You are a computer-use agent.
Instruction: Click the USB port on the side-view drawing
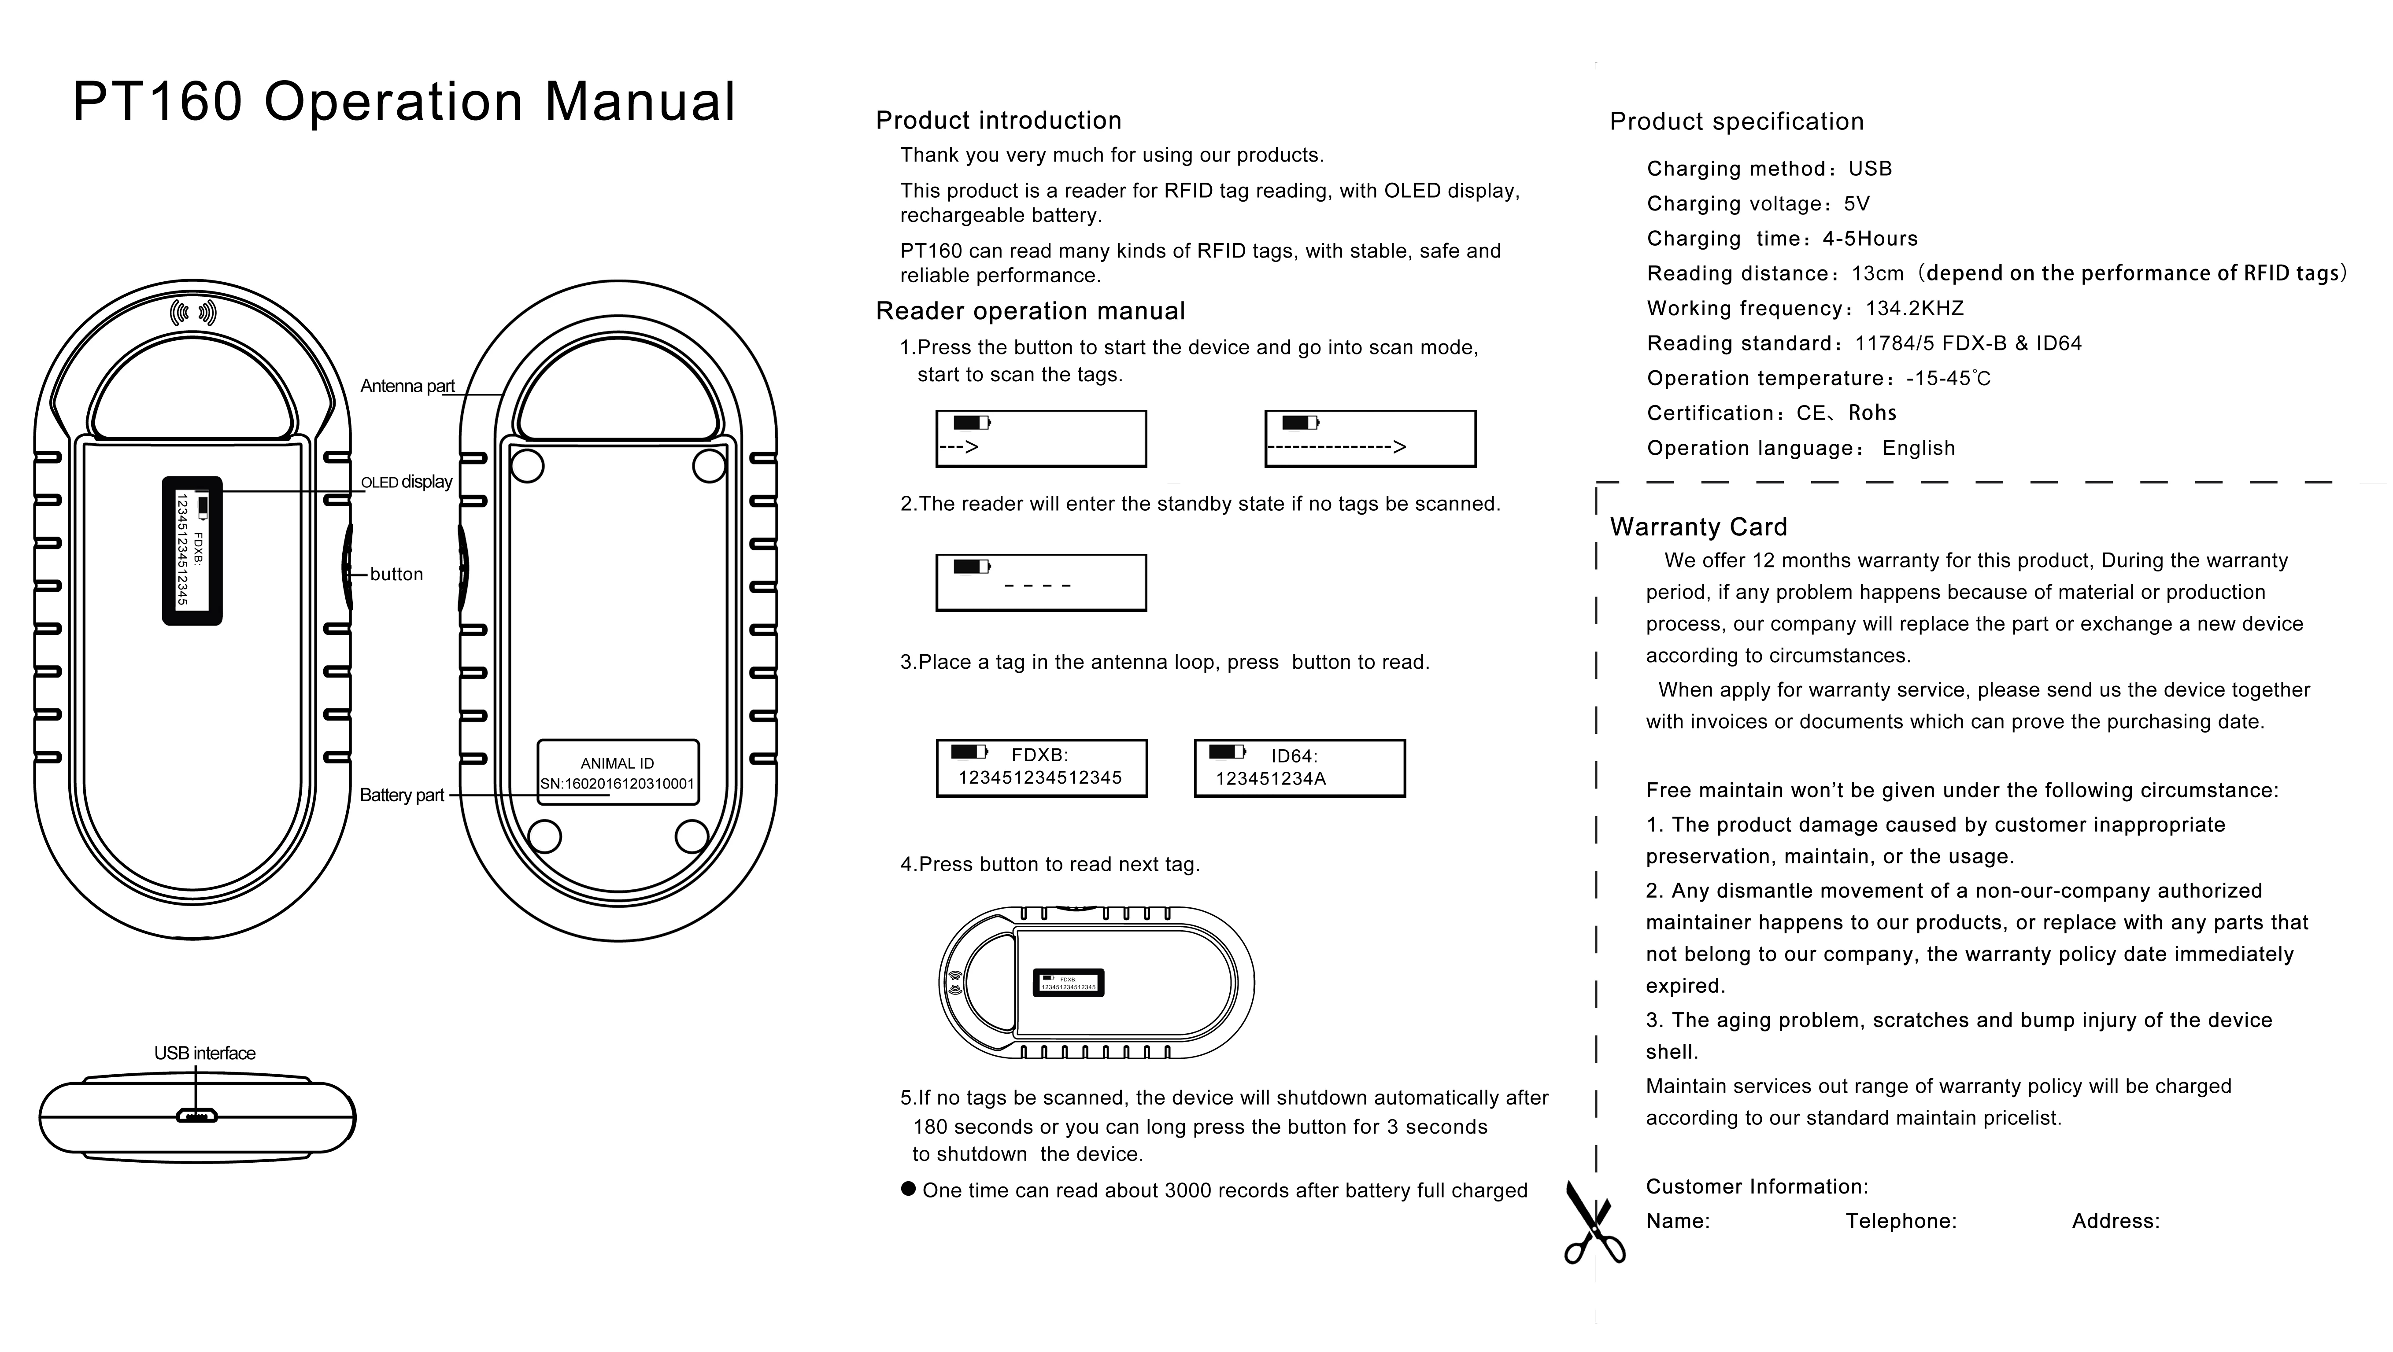[197, 1115]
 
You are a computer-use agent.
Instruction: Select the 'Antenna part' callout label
[407, 386]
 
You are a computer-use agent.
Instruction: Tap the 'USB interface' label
[204, 1053]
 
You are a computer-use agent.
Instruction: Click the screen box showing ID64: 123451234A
[1298, 768]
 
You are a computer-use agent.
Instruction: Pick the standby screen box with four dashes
[1040, 582]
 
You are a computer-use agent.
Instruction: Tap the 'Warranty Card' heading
[1698, 527]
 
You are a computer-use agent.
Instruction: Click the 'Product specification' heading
[1736, 122]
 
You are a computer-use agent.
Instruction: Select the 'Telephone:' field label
[1901, 1221]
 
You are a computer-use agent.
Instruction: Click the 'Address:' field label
[2115, 1221]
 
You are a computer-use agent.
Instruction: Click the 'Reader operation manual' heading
[1030, 311]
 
